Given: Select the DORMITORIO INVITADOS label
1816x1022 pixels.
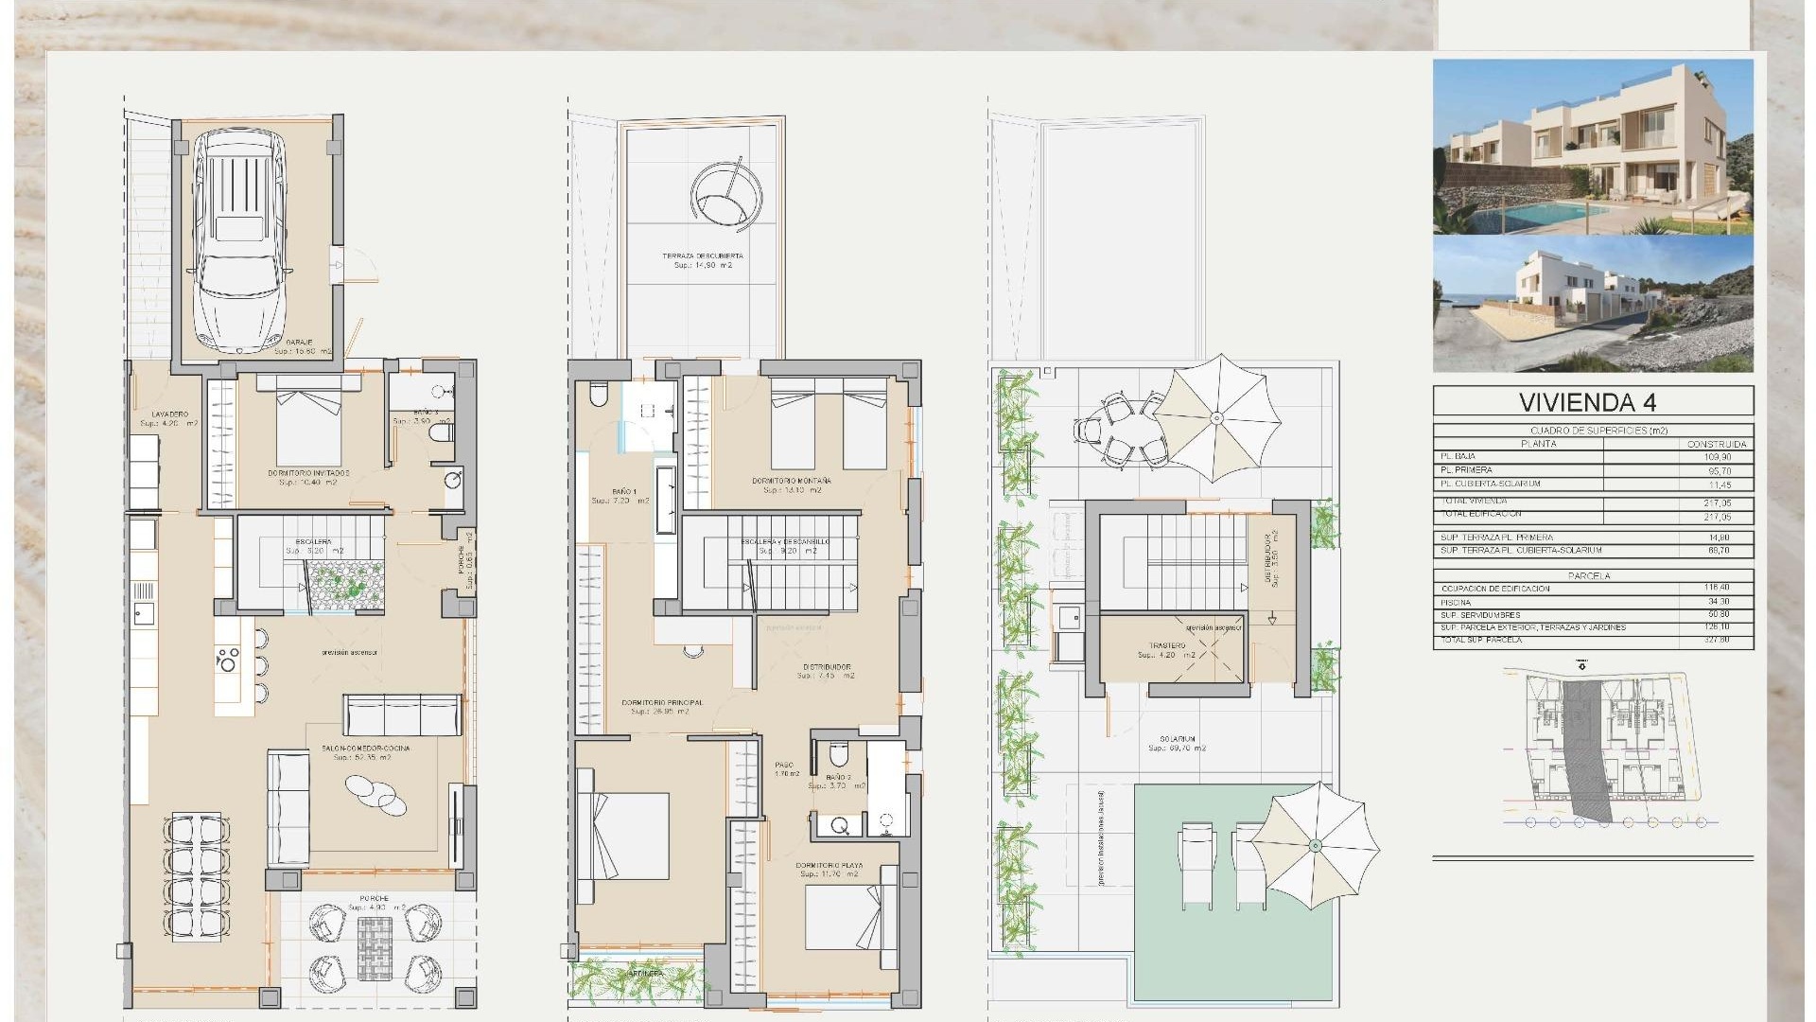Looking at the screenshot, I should [x=308, y=472].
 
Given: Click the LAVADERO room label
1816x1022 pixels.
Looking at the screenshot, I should [x=170, y=414].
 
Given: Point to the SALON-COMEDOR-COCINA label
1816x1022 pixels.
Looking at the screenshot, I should [x=365, y=749].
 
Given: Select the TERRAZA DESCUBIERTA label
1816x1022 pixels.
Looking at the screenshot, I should [x=702, y=256].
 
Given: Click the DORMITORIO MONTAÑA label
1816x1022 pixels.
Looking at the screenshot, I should [x=792, y=481].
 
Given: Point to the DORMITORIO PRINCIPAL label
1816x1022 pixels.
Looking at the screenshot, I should [x=662, y=703].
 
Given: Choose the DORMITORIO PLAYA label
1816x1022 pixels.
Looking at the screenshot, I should [x=829, y=866].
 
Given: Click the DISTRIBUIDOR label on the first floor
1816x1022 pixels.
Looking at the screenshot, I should [x=826, y=667].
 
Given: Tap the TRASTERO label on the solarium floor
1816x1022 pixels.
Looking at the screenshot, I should [x=1168, y=645].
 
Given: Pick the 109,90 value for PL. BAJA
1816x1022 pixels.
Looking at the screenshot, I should [x=1718, y=457].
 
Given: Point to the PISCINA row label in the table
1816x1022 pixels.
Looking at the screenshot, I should [x=1457, y=602].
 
